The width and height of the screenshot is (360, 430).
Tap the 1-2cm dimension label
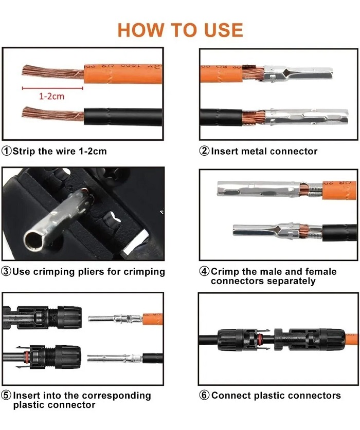click(51, 96)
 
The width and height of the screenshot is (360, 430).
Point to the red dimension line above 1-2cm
click(52, 88)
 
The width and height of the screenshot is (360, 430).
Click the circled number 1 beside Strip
click(7, 151)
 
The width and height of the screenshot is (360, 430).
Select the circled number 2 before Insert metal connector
click(204, 151)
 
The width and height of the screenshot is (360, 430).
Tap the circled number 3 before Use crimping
click(6, 271)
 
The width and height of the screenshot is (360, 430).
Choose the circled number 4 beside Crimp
click(204, 271)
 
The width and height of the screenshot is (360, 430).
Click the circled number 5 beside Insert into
click(6, 395)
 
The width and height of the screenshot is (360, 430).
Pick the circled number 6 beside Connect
click(204, 395)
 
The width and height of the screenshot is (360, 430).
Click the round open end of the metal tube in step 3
click(34, 240)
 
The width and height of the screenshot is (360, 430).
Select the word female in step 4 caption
click(321, 271)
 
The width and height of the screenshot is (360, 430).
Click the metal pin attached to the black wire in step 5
click(115, 358)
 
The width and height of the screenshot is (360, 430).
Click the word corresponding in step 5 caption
click(116, 396)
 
